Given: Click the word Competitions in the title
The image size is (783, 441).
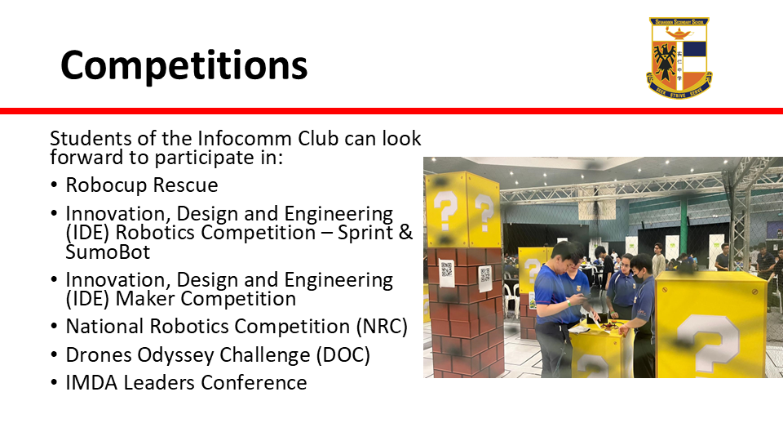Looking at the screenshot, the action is [x=184, y=65].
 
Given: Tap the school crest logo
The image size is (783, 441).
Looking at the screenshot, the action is [x=679, y=57].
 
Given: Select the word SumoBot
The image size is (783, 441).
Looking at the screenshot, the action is [x=108, y=252].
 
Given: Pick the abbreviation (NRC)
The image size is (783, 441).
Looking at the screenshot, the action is [x=382, y=327].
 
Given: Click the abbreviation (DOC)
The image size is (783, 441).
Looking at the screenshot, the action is [x=343, y=355].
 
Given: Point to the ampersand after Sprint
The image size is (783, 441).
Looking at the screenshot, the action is [x=405, y=233].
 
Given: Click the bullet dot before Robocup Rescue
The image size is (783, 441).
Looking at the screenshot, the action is [x=54, y=185].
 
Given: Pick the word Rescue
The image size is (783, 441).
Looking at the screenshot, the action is [x=185, y=185].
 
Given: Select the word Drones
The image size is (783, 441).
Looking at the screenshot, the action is [x=99, y=355].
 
